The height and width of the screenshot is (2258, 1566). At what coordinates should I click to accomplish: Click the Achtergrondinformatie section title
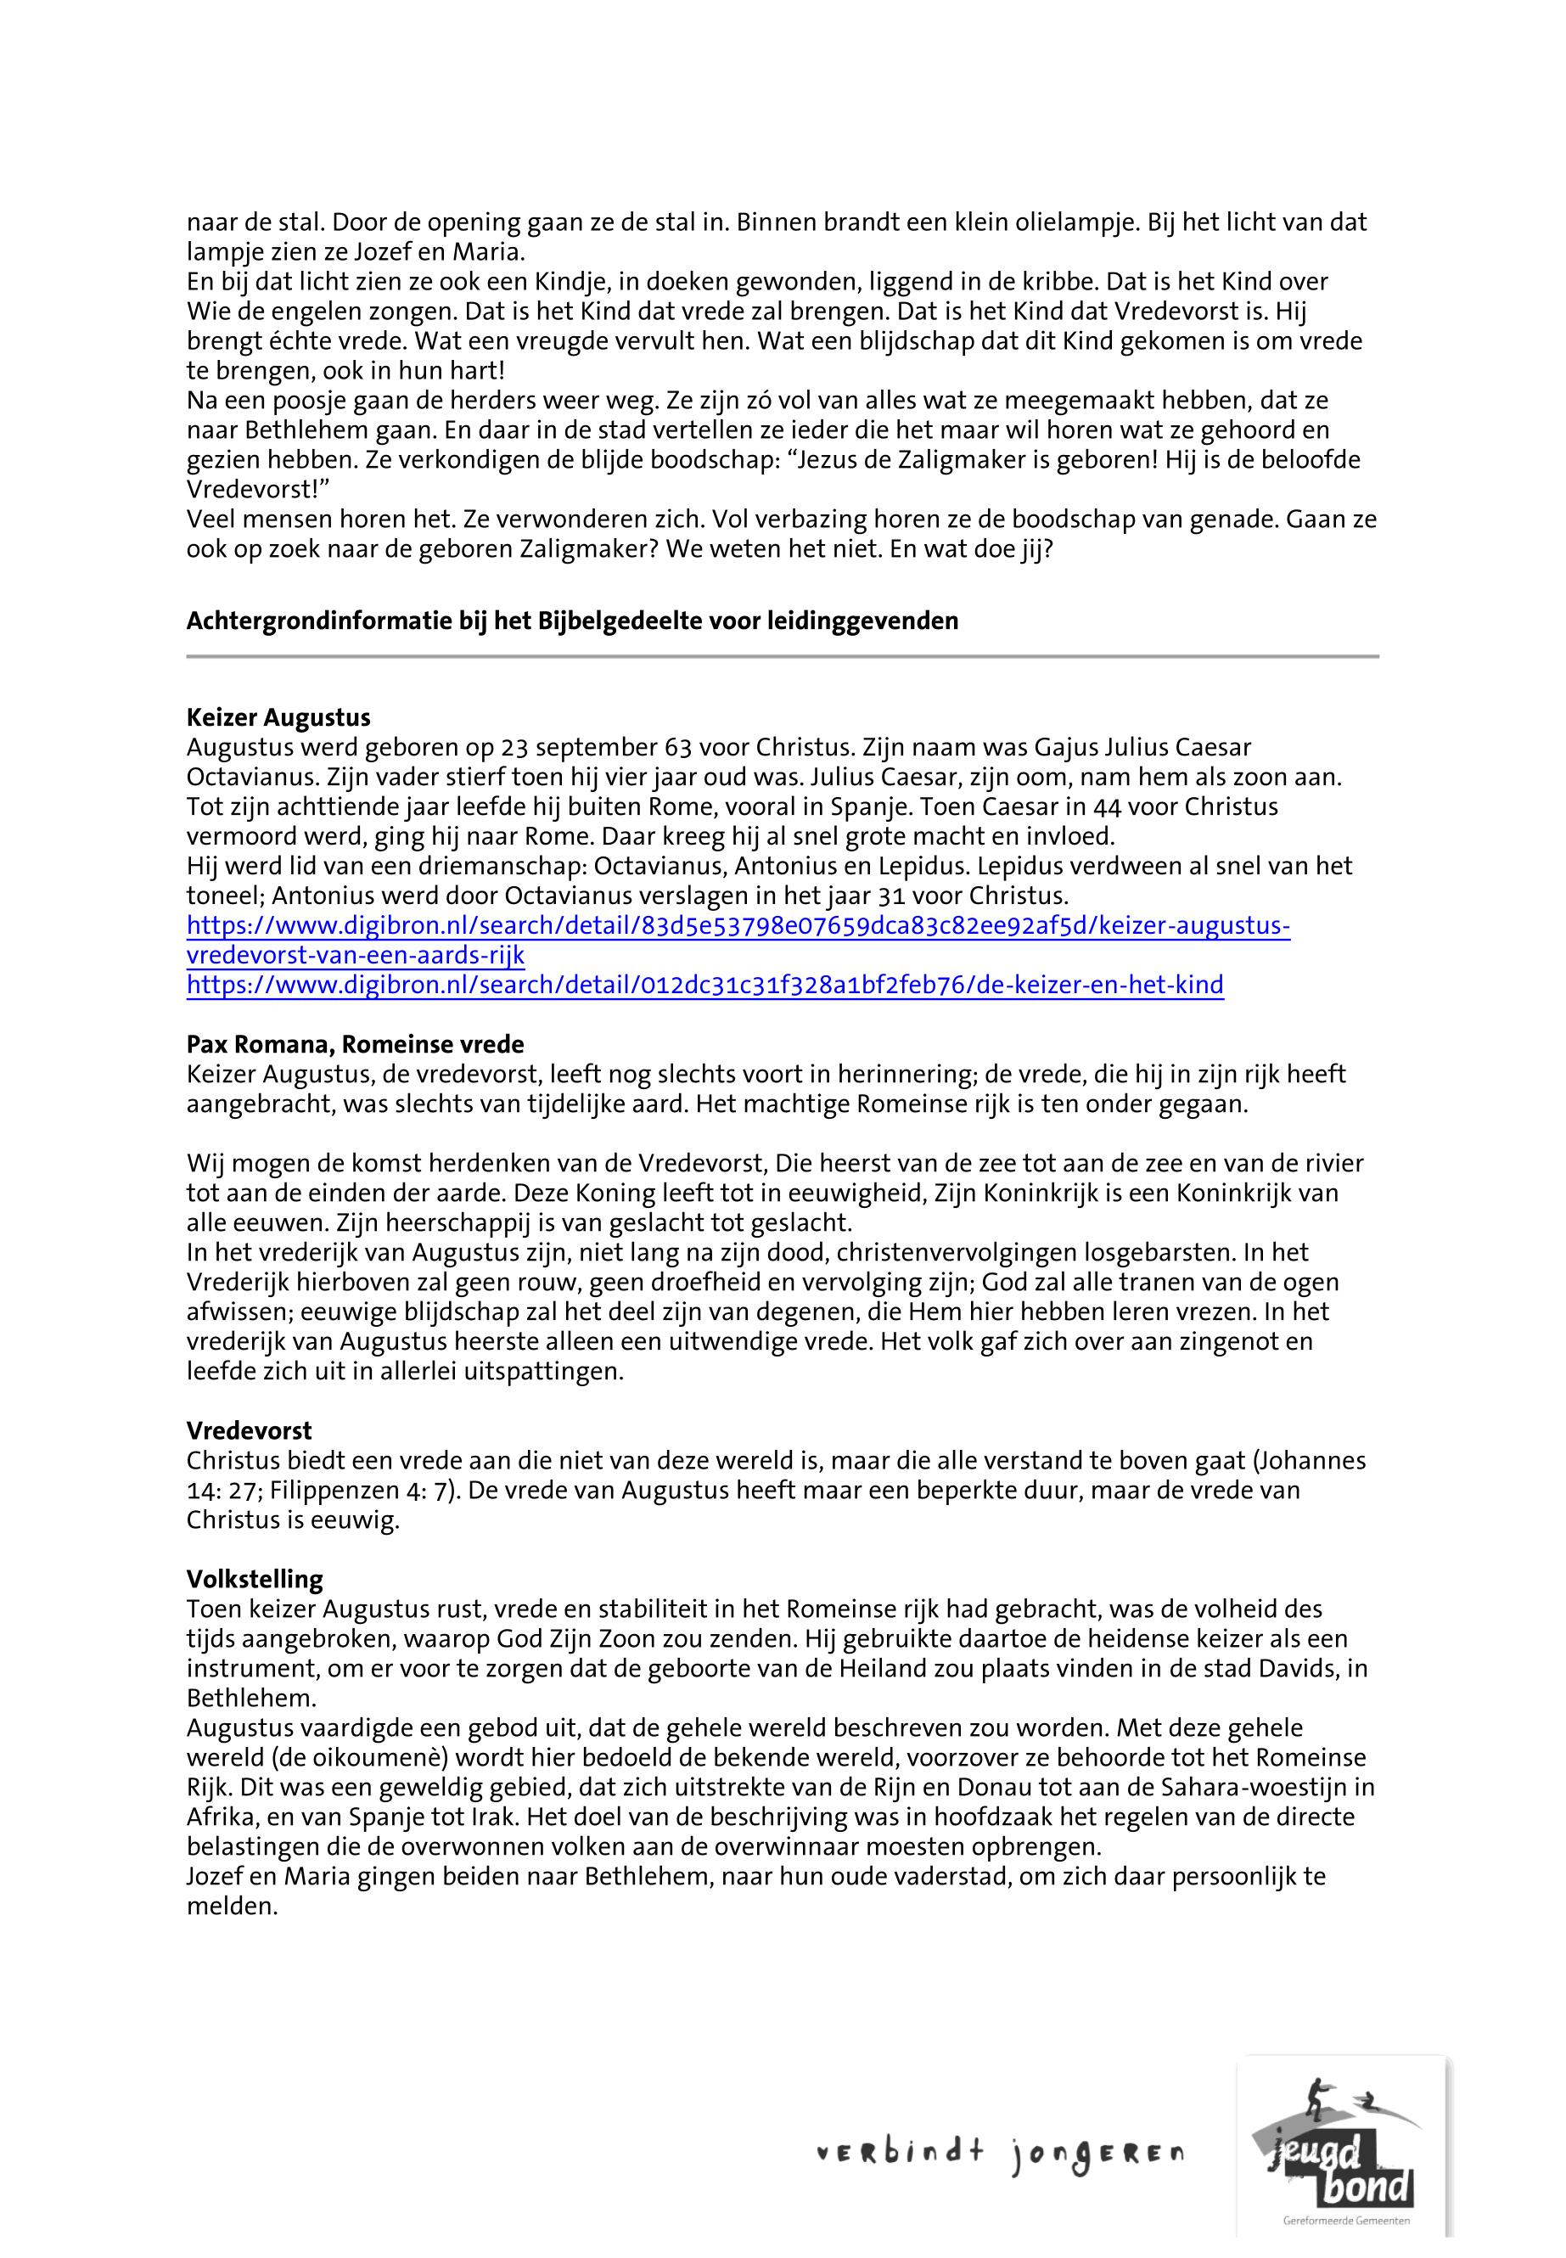click(572, 621)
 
